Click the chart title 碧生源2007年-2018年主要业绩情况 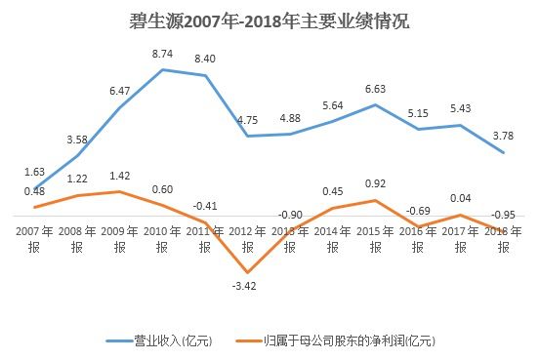(x=269, y=20)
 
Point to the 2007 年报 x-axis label (x=34, y=239)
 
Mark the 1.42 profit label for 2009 (x=120, y=176)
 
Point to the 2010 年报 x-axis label (x=162, y=239)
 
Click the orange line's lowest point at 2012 (x=247, y=271)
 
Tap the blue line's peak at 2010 (x=162, y=69)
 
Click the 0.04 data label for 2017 (x=461, y=199)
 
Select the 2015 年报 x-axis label (x=375, y=239)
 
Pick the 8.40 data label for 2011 (x=205, y=60)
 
